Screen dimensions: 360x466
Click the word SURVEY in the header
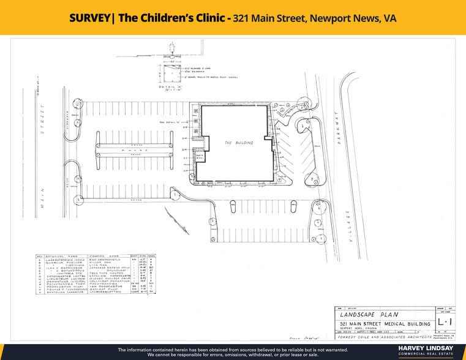tap(91, 18)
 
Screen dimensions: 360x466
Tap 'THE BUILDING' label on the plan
tap(236, 142)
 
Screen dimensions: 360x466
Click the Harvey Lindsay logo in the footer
tap(426, 350)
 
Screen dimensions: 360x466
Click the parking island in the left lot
tap(133, 149)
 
